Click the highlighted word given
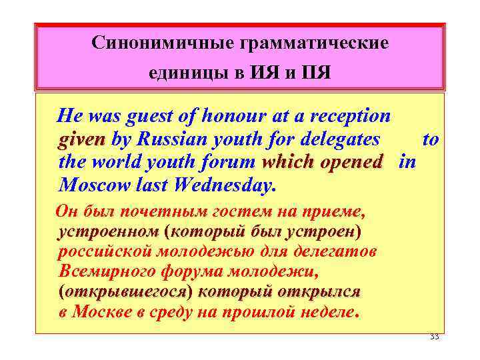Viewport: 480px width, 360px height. (x=82, y=140)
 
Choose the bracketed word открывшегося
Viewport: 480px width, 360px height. (x=125, y=292)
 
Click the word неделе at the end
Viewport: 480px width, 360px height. (x=325, y=311)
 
